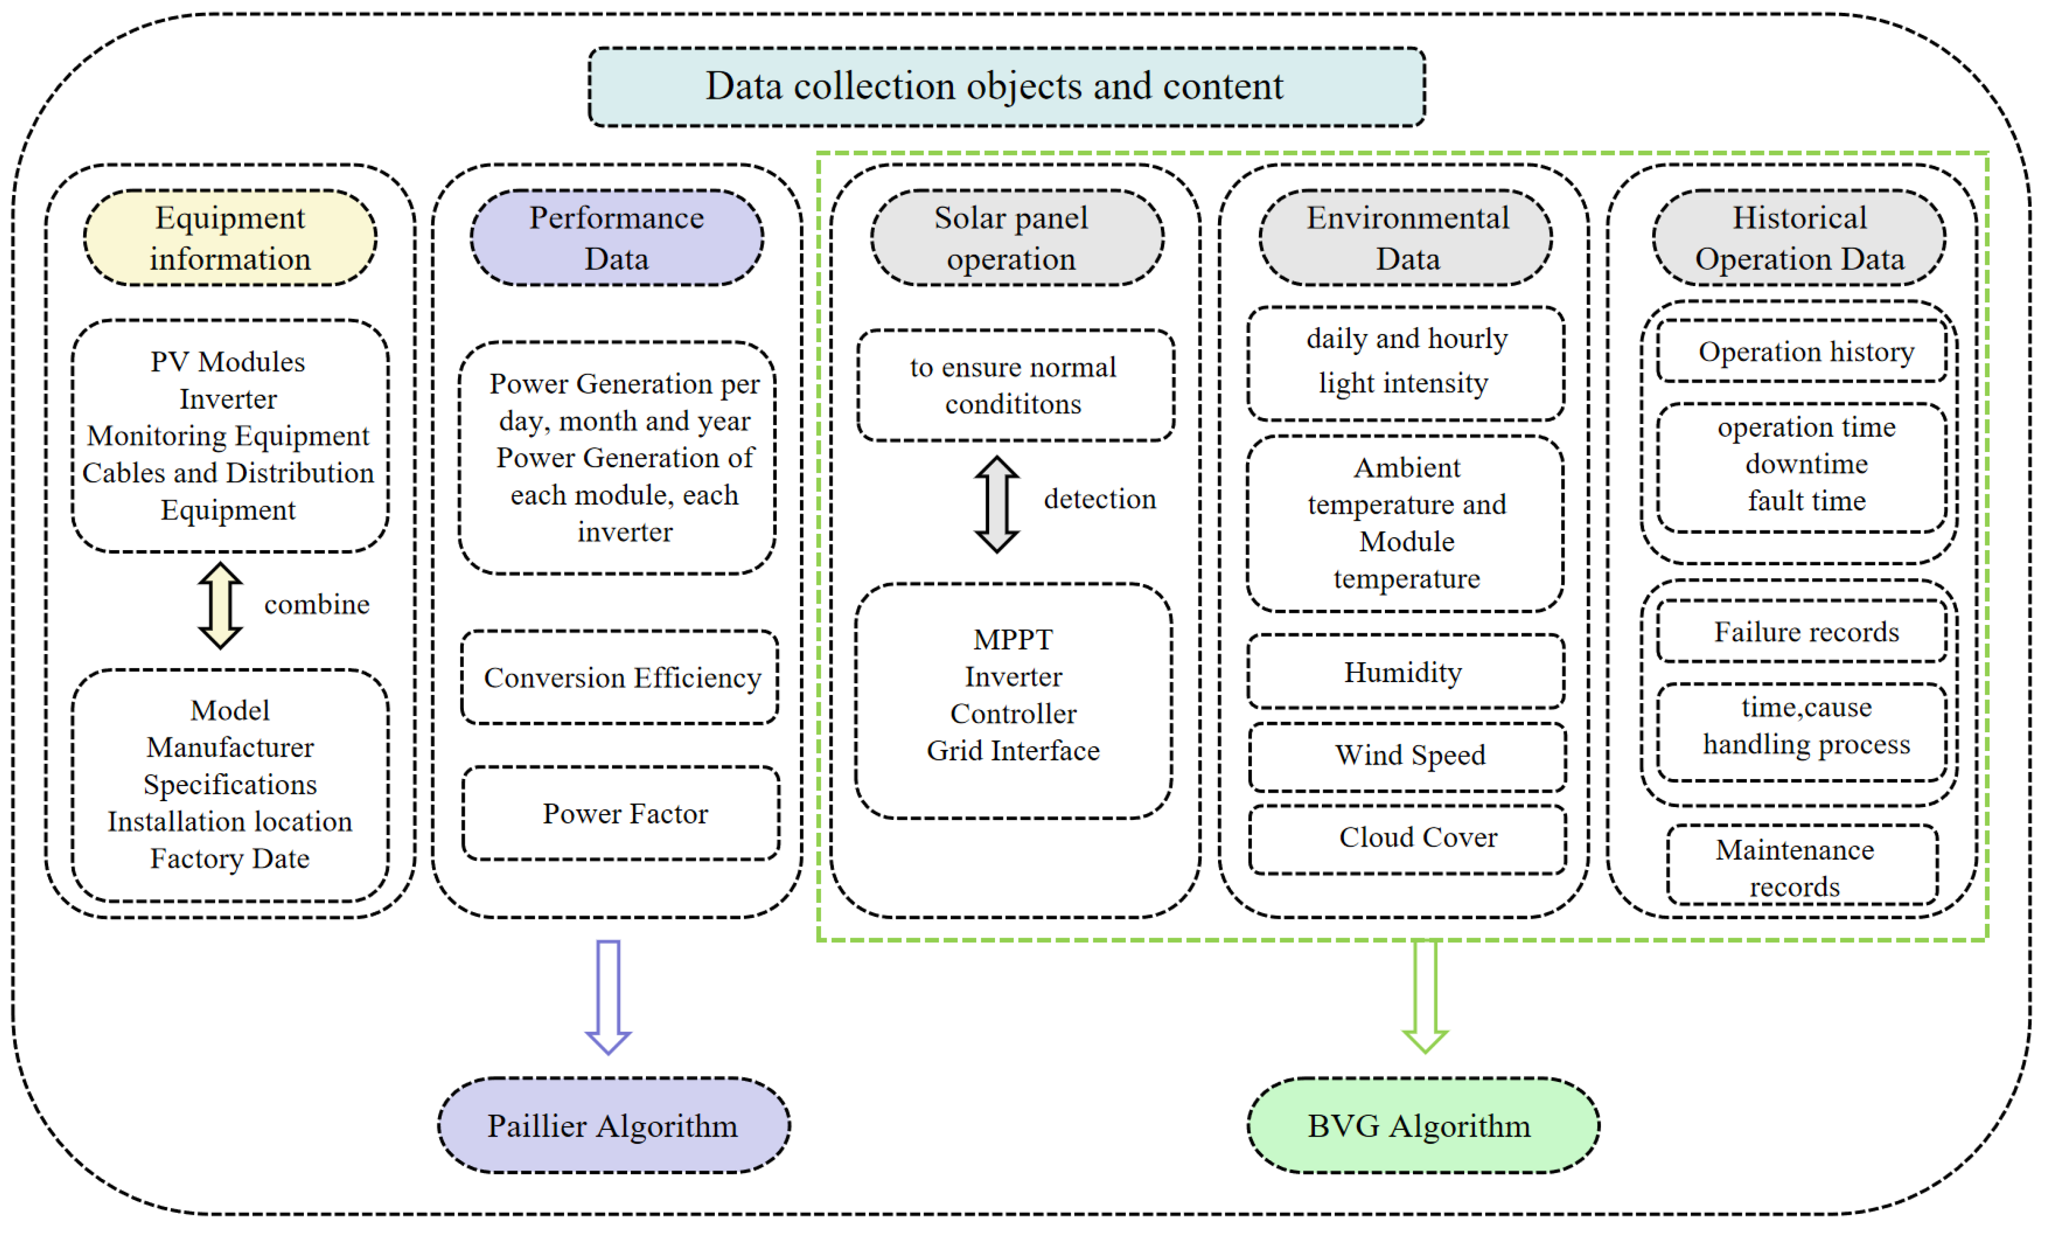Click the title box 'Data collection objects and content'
coord(1006,87)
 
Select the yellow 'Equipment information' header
coord(230,238)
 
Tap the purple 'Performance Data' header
coord(616,238)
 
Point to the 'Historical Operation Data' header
coord(1799,238)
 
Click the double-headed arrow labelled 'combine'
coord(221,605)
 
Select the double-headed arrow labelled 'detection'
coord(997,504)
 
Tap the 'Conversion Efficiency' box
coord(620,678)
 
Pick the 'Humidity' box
coord(1406,672)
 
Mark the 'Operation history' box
coord(1802,352)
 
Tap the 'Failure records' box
coord(1802,632)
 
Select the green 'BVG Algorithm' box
coord(1422,1126)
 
